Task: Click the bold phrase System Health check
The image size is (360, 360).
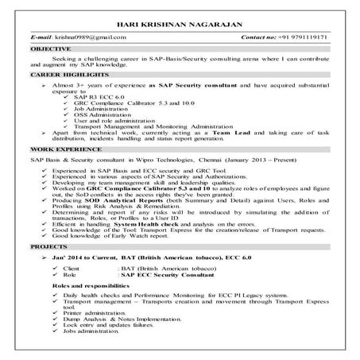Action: pyautogui.click(x=148, y=223)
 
